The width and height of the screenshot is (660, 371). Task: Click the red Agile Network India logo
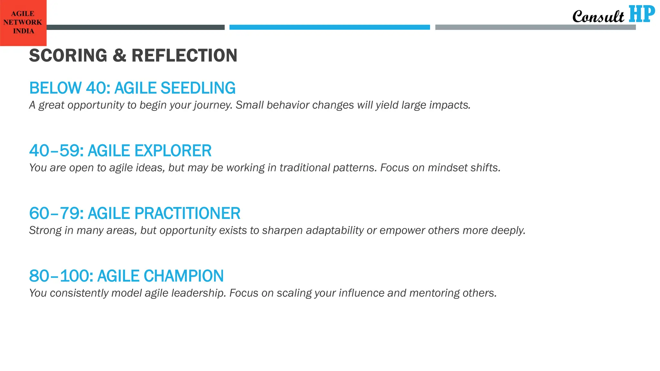[23, 23]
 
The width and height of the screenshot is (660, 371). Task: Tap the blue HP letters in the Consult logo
[642, 14]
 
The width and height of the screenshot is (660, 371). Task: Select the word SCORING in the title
[68, 55]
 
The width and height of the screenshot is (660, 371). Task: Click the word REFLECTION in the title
[184, 55]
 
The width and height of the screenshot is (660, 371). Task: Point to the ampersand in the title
[119, 55]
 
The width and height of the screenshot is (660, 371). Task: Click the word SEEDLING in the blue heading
[198, 88]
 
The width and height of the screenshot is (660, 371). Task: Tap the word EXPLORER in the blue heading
[173, 151]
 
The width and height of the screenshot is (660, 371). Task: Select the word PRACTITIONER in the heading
[187, 213]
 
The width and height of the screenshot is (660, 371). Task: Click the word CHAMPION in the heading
[183, 276]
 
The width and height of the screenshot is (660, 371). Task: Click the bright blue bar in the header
[329, 27]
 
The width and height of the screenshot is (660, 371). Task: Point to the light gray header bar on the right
[535, 27]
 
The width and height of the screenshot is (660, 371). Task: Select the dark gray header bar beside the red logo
[135, 27]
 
